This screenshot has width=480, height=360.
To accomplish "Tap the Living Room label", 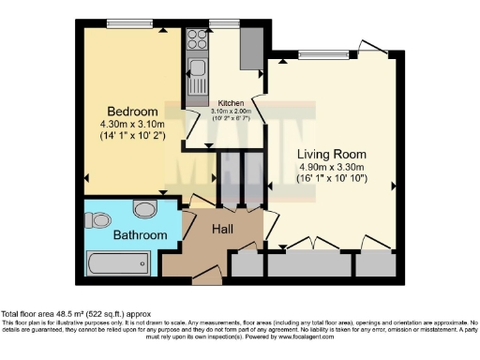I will click(331, 153).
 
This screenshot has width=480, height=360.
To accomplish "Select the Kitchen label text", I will click(231, 102).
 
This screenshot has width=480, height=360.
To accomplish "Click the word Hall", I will click(222, 229).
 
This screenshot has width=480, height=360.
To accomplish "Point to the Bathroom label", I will click(141, 234).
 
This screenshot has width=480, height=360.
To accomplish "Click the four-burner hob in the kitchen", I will click(197, 39).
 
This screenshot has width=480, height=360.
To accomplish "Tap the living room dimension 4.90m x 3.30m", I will click(331, 166).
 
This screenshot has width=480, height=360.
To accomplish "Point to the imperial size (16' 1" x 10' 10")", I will click(331, 178).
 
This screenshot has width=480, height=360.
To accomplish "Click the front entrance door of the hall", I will click(206, 274).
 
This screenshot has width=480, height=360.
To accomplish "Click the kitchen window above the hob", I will click(223, 23).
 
